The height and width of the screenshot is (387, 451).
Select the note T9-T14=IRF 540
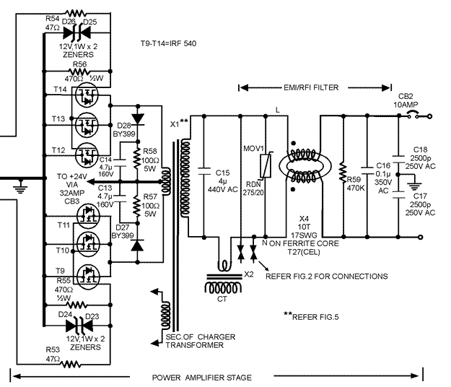coord(169,44)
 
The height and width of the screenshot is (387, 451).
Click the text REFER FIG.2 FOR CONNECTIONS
coord(326,277)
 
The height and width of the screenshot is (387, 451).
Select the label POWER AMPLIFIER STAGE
coord(201,378)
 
